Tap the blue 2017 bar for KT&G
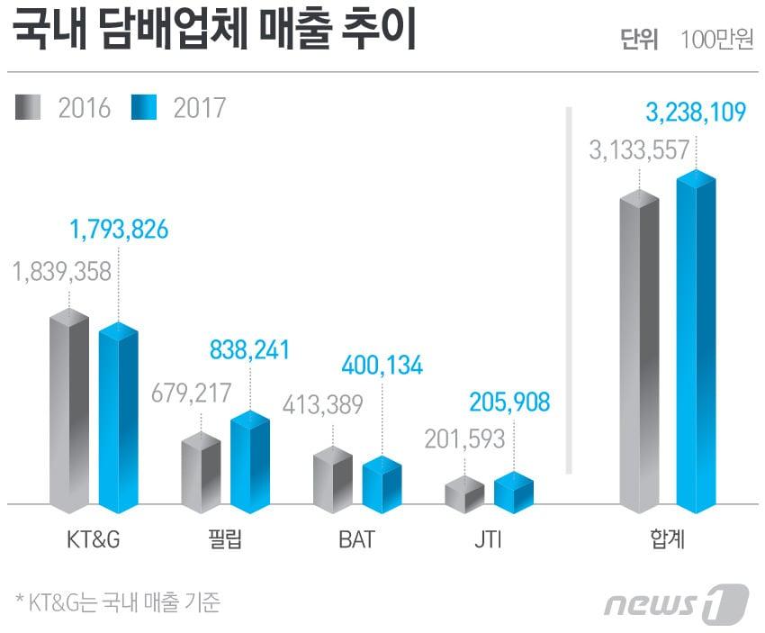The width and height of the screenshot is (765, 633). [x=119, y=419]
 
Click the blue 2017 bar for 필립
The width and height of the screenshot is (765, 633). [x=250, y=463]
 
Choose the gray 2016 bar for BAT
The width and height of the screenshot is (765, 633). [x=332, y=480]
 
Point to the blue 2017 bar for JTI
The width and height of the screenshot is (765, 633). [x=514, y=493]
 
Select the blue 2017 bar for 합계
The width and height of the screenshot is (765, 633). [x=696, y=342]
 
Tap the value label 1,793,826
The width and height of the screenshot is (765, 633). [x=119, y=230]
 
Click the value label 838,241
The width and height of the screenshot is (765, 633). [x=250, y=347]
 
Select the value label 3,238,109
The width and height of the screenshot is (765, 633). [x=696, y=113]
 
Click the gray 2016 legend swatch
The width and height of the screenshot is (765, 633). [x=28, y=108]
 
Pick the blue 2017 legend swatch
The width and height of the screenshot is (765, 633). [x=143, y=108]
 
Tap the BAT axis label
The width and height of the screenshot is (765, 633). [x=356, y=541]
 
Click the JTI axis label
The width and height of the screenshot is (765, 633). [x=488, y=541]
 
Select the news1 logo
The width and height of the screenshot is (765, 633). [x=675, y=602]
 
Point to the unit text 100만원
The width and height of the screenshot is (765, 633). [x=717, y=41]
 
